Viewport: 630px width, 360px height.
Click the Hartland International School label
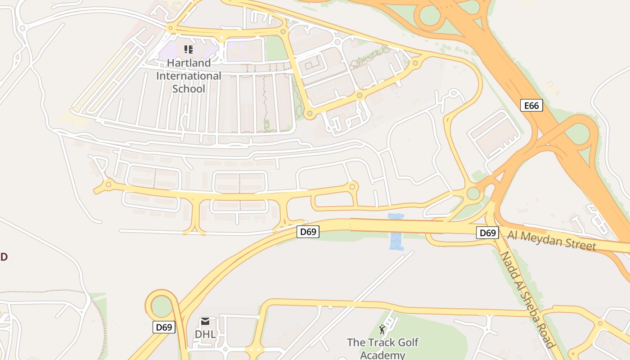pyautogui.click(x=189, y=76)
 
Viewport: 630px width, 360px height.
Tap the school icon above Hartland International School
pyautogui.click(x=189, y=49)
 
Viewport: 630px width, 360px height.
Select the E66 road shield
pyautogui.click(x=531, y=105)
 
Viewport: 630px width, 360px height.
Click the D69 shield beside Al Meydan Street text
pyautogui.click(x=488, y=233)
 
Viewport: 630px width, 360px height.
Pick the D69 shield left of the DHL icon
pyautogui.click(x=164, y=327)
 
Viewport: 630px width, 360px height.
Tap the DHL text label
pyautogui.click(x=205, y=334)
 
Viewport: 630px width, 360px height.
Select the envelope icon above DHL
pyautogui.click(x=205, y=321)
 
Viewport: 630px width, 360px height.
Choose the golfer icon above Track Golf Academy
pyautogui.click(x=382, y=329)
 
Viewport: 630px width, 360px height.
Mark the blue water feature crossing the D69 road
pyautogui.click(x=396, y=232)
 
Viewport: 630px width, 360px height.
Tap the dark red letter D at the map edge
pyautogui.click(x=3, y=257)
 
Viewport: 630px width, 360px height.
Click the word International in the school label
pyautogui.click(x=189, y=76)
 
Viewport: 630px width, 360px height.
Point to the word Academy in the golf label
pyautogui.click(x=382, y=355)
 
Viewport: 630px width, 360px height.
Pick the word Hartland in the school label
pyautogui.click(x=189, y=63)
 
